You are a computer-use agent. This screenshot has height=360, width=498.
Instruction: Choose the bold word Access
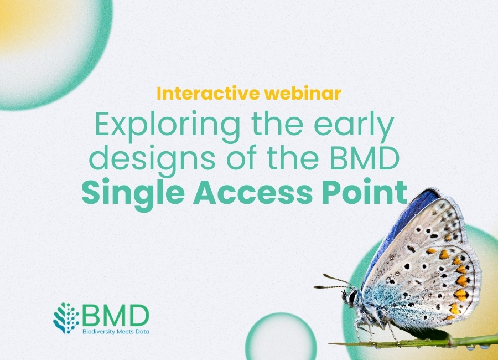246,192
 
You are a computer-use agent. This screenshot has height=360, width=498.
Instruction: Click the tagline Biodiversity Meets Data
115,331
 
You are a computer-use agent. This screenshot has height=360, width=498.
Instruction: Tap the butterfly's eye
353,297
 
